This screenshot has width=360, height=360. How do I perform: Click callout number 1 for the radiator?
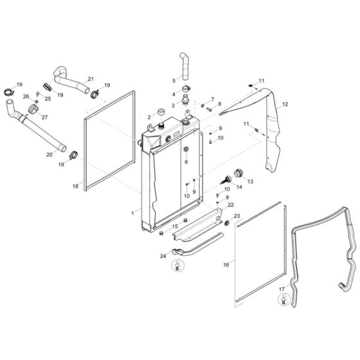tap(132, 212)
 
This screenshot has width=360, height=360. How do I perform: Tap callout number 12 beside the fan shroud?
tap(285, 104)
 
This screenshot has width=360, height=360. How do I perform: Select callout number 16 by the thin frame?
tap(226, 264)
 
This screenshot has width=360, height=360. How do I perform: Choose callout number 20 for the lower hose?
tap(50, 154)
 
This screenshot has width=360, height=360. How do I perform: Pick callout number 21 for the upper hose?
tap(91, 78)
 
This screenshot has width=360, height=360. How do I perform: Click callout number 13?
tap(250, 182)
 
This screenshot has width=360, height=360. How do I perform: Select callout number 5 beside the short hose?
tap(174, 80)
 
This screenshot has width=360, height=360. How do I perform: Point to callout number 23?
tap(237, 216)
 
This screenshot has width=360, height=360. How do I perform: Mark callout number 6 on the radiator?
tap(186, 162)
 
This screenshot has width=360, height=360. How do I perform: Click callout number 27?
tap(45, 117)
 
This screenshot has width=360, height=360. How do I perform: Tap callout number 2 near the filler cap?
tap(148, 118)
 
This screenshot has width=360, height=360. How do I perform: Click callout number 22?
tap(231, 204)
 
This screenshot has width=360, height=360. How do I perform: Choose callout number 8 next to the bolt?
tap(219, 104)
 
